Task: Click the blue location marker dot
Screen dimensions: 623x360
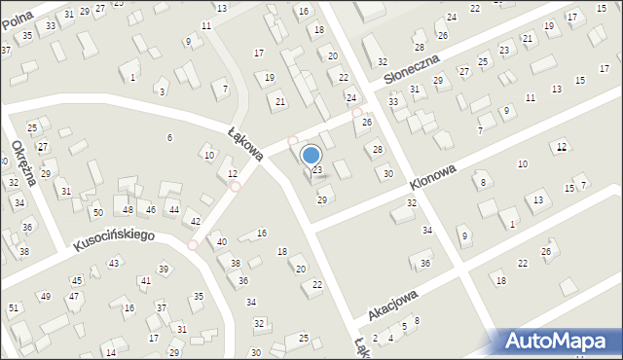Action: pos(311,155)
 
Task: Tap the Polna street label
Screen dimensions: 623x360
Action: pos(18,17)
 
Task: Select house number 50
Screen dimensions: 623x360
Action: pos(97,212)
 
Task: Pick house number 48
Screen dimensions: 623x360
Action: pos(128,210)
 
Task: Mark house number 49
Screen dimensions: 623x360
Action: pos(45,296)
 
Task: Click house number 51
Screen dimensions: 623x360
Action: pos(13,307)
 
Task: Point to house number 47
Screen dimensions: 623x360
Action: pos(73,296)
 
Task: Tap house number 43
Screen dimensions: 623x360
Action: pos(114,264)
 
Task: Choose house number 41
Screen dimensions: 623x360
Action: pos(145,281)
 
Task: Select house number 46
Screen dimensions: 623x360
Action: pos(150,210)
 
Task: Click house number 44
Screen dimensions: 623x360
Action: pos(173,210)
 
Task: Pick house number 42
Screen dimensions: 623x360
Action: pos(196,222)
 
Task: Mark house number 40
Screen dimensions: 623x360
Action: pos(221,241)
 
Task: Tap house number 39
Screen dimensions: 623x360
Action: pos(164,269)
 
